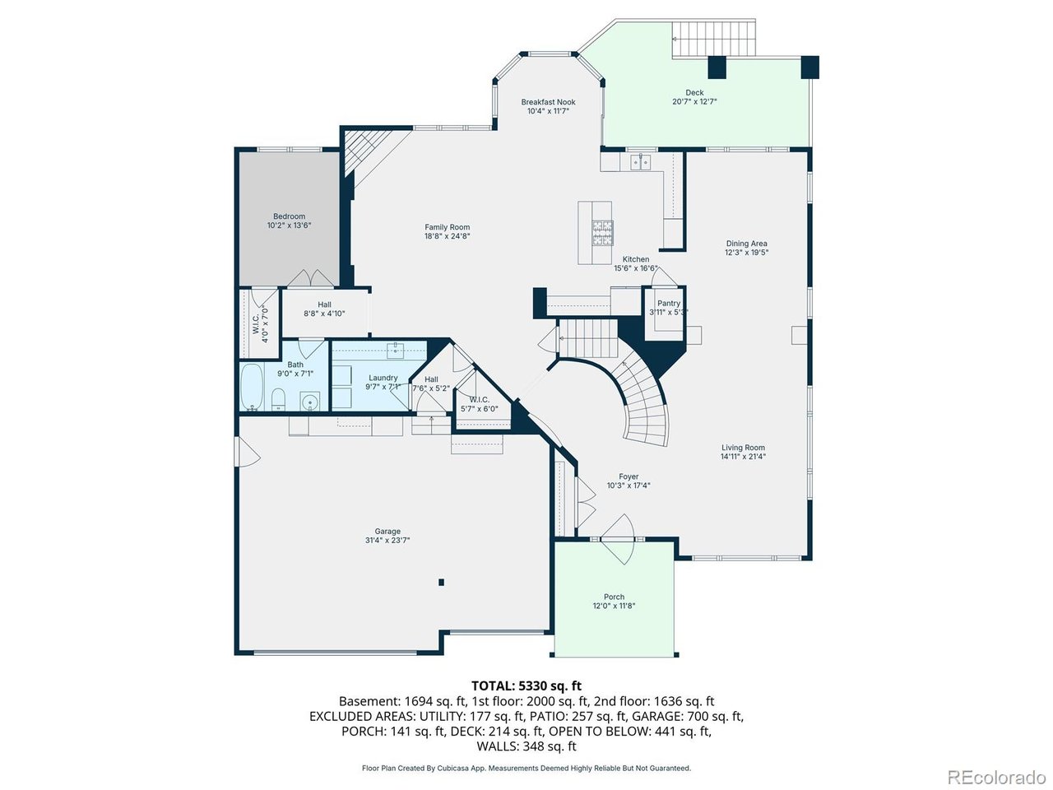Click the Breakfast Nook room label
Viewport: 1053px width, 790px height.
pyautogui.click(x=548, y=102)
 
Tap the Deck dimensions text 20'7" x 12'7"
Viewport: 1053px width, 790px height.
pyautogui.click(x=694, y=102)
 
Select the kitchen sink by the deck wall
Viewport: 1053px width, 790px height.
pyautogui.click(x=640, y=162)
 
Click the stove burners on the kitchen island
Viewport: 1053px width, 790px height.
pyautogui.click(x=602, y=233)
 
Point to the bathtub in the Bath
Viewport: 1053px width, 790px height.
pyautogui.click(x=252, y=387)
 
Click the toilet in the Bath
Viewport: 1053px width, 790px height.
pyautogui.click(x=278, y=399)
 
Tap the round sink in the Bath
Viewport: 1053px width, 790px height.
pyautogui.click(x=311, y=401)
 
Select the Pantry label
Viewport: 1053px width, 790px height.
pyautogui.click(x=669, y=303)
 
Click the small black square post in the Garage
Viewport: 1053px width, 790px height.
pyautogui.click(x=441, y=583)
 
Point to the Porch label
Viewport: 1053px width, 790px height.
pyautogui.click(x=614, y=597)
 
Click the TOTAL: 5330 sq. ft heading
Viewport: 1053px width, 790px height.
pyautogui.click(x=526, y=685)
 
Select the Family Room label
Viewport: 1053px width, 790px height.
pyautogui.click(x=447, y=227)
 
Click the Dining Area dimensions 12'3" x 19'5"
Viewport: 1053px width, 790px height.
pyautogui.click(x=746, y=253)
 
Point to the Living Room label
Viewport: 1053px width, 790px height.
pyautogui.click(x=743, y=448)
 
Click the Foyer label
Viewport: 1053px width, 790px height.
pyautogui.click(x=629, y=476)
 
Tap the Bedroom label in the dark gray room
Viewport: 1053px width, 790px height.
pyautogui.click(x=289, y=216)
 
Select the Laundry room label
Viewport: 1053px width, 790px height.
pyautogui.click(x=383, y=378)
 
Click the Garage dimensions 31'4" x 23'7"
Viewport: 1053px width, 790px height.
pyautogui.click(x=387, y=540)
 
